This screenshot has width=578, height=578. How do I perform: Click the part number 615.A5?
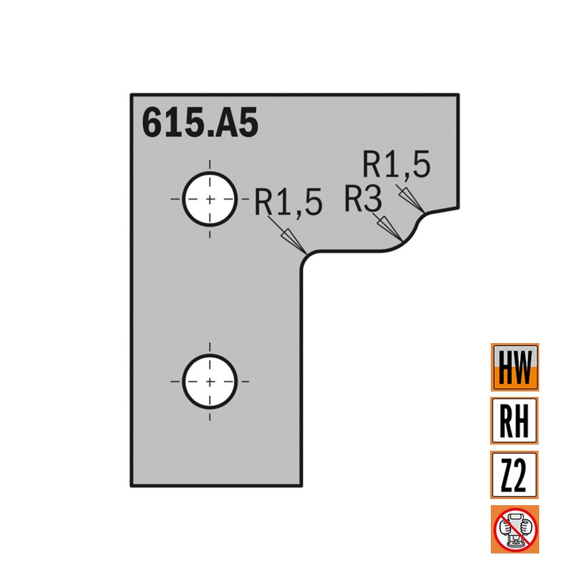pyautogui.click(x=199, y=124)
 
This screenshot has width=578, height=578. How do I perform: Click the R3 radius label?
pyautogui.click(x=363, y=199)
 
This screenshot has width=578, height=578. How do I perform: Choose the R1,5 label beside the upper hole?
pyautogui.click(x=288, y=203)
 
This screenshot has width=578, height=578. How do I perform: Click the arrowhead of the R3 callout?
pyautogui.click(x=391, y=229)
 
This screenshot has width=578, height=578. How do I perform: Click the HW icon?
pyautogui.click(x=515, y=366)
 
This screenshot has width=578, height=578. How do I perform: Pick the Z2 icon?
pyautogui.click(x=515, y=474)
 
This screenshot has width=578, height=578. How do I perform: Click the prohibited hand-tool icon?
pyautogui.click(x=515, y=528)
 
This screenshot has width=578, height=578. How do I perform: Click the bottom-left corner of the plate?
pyautogui.click(x=131, y=486)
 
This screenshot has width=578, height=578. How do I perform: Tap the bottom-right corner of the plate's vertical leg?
pyautogui.click(x=300, y=486)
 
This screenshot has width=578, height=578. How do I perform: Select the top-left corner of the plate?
pyautogui.click(x=131, y=95)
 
